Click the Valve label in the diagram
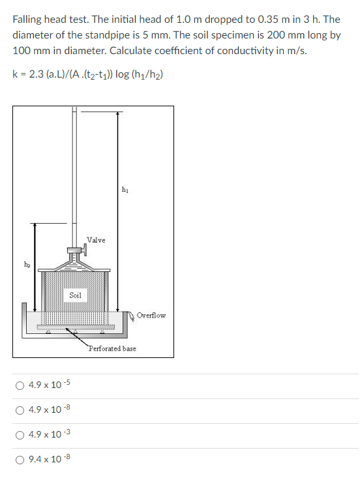[96, 241]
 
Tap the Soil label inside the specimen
[75, 295]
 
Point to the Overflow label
[151, 316]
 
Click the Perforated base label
[113, 349]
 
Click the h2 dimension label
[27, 264]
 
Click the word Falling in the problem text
[29, 20]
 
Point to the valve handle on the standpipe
[77, 248]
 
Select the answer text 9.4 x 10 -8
[50, 460]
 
